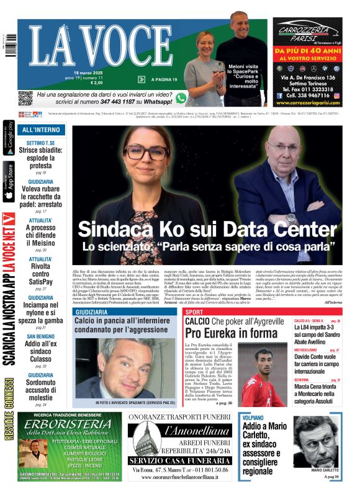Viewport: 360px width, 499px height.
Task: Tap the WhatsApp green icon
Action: pos(181,98)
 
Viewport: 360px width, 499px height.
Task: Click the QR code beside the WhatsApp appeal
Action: pos(25,98)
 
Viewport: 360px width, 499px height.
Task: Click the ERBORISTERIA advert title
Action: pos(70,423)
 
